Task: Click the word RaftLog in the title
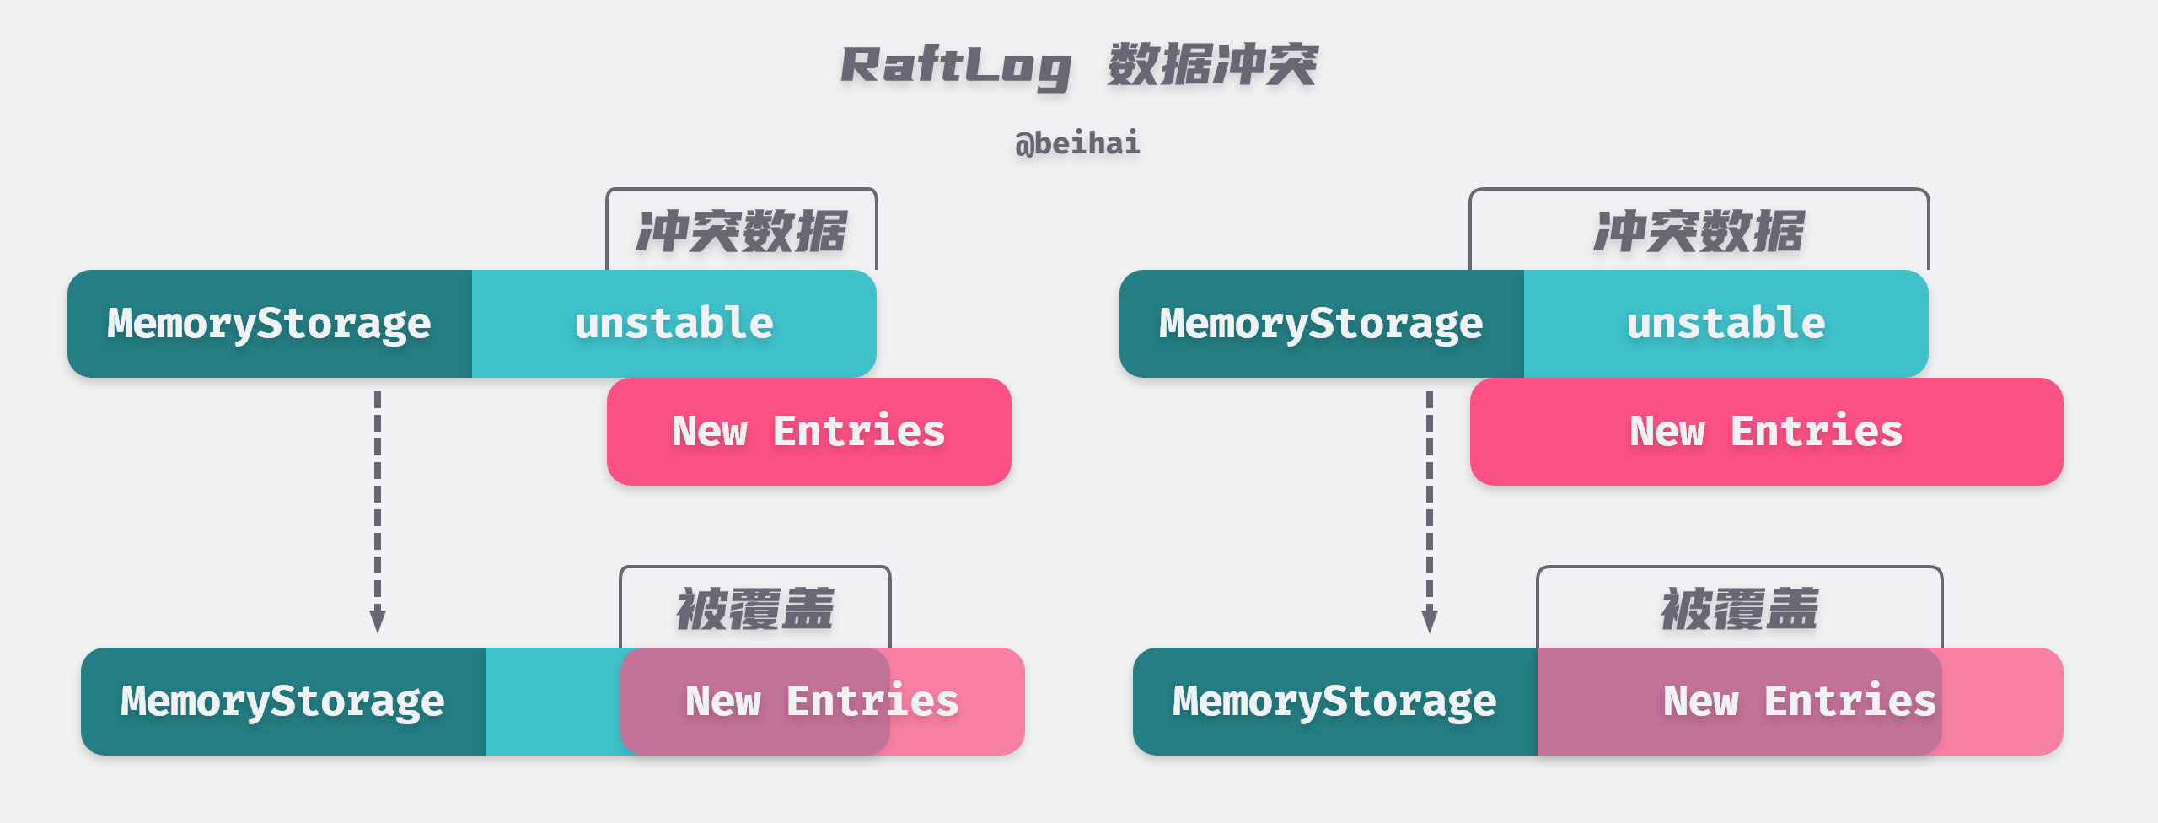coord(956,66)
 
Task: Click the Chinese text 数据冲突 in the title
coord(1212,65)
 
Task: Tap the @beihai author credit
coord(1077,143)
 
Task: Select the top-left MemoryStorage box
coord(269,324)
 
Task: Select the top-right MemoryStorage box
coord(1321,324)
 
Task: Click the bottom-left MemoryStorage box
coord(282,702)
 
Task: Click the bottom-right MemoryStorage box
coord(1334,702)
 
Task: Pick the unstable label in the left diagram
coord(674,324)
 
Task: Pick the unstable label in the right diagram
coord(1726,324)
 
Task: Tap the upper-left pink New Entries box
coord(808,432)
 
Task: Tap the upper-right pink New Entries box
coord(1766,432)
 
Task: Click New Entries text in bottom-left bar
coord(822,702)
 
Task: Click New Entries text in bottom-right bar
coord(1800,702)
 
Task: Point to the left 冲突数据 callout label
coord(741,231)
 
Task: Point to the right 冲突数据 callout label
coord(1699,231)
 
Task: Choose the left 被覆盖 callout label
coord(754,609)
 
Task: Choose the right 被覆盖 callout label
coord(1739,609)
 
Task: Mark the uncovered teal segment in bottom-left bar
coord(552,702)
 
